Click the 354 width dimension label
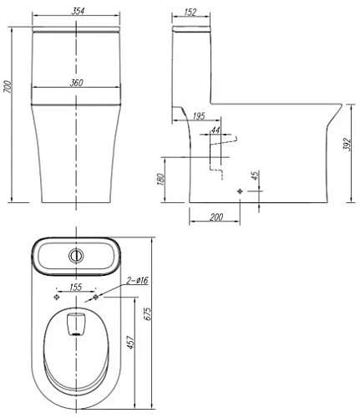78,12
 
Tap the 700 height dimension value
8,87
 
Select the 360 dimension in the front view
76,83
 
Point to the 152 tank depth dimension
190,12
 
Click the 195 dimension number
199,116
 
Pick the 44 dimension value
215,130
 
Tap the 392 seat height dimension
347,144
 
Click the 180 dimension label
161,179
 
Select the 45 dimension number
255,176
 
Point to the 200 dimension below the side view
216,217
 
